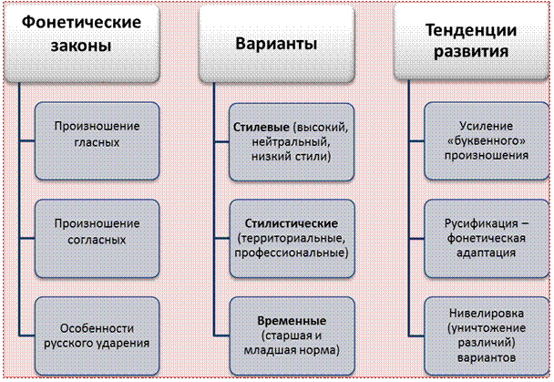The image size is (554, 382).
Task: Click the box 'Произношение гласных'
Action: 97,134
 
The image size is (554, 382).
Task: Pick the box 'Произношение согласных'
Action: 97,232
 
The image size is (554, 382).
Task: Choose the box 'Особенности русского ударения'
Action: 97,329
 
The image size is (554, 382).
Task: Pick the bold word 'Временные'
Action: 292,321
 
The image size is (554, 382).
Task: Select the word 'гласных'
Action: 97,142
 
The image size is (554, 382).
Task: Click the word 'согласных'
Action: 97,240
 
